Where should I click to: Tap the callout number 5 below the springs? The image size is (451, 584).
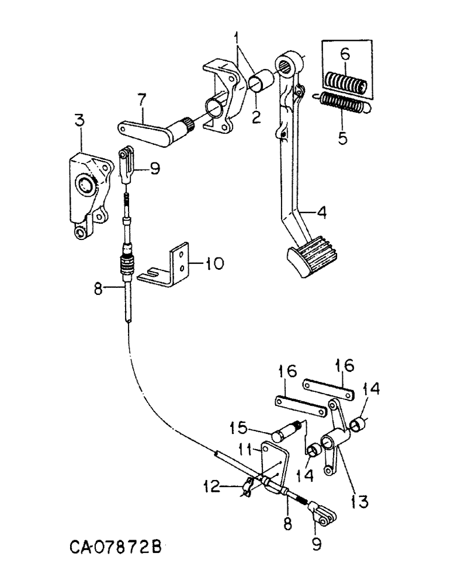point(342,139)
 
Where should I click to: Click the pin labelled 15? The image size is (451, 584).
point(287,433)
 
